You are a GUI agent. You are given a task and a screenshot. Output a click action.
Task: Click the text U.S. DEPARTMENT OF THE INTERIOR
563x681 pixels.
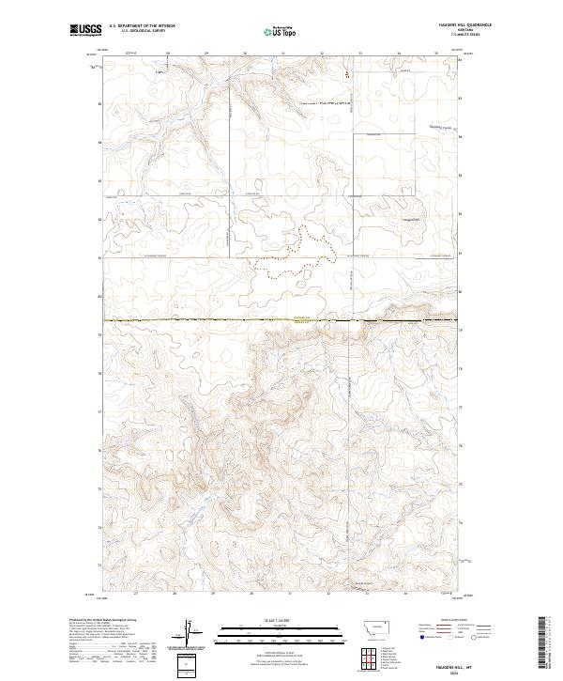(142, 27)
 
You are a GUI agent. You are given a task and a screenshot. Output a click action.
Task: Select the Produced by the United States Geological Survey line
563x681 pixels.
(104, 620)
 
